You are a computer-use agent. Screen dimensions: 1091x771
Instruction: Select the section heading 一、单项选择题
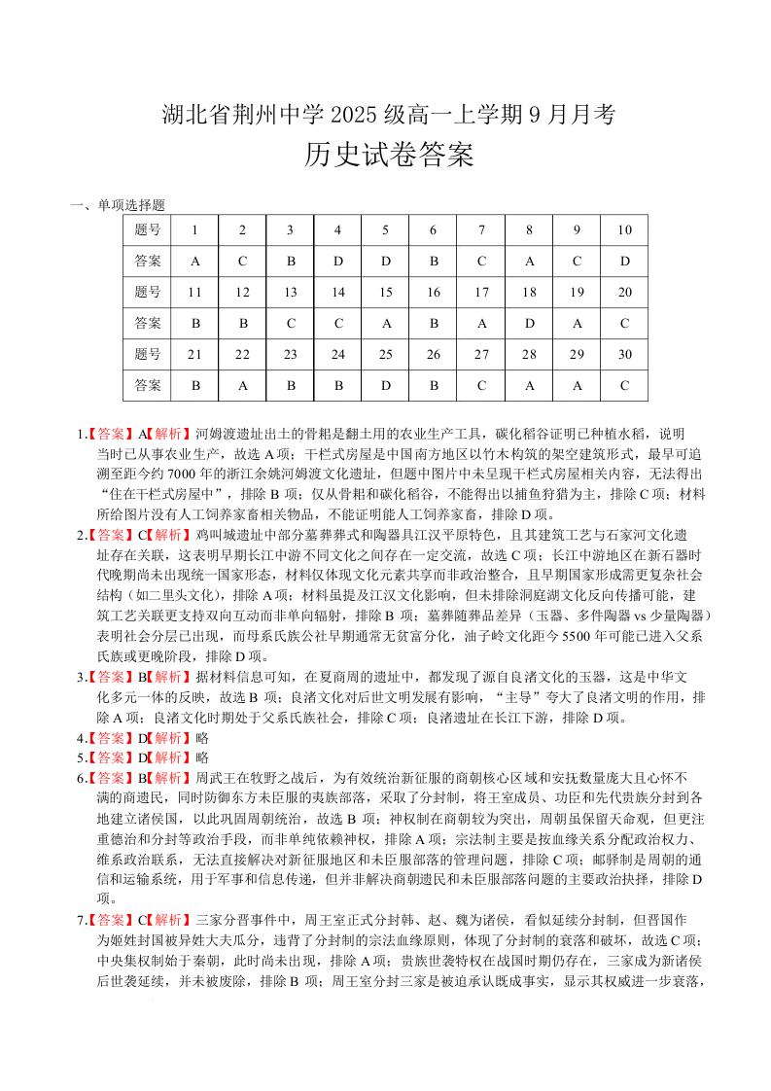tap(118, 205)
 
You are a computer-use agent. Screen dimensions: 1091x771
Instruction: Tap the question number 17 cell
tap(481, 292)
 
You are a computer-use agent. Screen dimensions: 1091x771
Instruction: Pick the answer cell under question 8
tap(529, 261)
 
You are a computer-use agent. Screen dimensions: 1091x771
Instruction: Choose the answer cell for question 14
tap(338, 323)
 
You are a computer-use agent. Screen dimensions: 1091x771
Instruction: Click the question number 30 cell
tap(624, 354)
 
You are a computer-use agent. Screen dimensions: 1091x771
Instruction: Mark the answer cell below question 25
tap(386, 385)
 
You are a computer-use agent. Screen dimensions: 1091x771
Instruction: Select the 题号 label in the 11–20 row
tap(148, 292)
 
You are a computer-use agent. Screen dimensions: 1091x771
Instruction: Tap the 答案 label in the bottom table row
tap(148, 385)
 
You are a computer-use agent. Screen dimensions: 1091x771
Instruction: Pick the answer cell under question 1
tap(195, 261)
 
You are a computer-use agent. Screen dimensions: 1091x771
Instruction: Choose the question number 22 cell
tap(243, 354)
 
